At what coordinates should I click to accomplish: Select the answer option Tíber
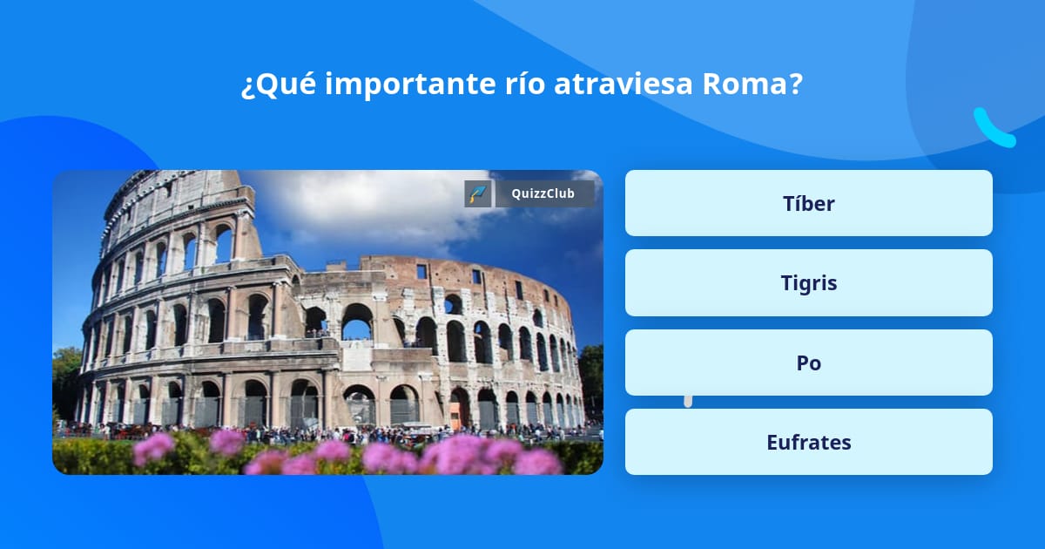tap(808, 203)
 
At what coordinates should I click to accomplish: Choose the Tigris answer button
tap(808, 283)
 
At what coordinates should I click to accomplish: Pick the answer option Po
tap(808, 363)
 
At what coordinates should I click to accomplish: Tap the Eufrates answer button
tap(808, 442)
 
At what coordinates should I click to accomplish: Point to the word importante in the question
tap(408, 85)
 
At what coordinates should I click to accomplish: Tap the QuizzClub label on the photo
tap(543, 193)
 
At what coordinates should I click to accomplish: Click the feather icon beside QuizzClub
tap(478, 193)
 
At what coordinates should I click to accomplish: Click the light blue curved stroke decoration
tap(994, 128)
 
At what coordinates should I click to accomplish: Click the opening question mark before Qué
tap(248, 85)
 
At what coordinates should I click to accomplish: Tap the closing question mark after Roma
tap(796, 85)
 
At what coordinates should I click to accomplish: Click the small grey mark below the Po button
tap(688, 401)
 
